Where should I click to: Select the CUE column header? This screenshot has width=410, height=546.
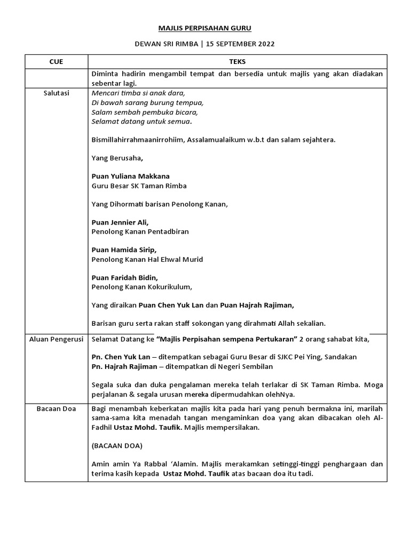click(x=56, y=62)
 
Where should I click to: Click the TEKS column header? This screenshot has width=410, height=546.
click(x=237, y=62)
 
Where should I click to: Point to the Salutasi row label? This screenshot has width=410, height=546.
click(x=56, y=93)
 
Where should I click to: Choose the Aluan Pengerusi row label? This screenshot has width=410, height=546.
click(x=56, y=339)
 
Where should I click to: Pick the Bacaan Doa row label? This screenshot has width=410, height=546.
click(x=56, y=408)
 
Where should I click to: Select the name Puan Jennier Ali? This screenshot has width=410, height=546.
click(x=120, y=222)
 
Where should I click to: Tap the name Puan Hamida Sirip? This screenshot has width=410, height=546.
click(x=124, y=250)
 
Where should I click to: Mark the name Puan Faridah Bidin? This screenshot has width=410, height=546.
click(x=125, y=277)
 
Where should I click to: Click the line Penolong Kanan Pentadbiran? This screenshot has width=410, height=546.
click(x=140, y=231)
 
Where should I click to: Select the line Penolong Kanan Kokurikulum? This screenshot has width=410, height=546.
click(x=142, y=287)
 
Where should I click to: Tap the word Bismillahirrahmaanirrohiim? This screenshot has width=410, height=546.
click(x=135, y=140)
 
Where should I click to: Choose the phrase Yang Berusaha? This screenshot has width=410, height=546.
click(x=117, y=158)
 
